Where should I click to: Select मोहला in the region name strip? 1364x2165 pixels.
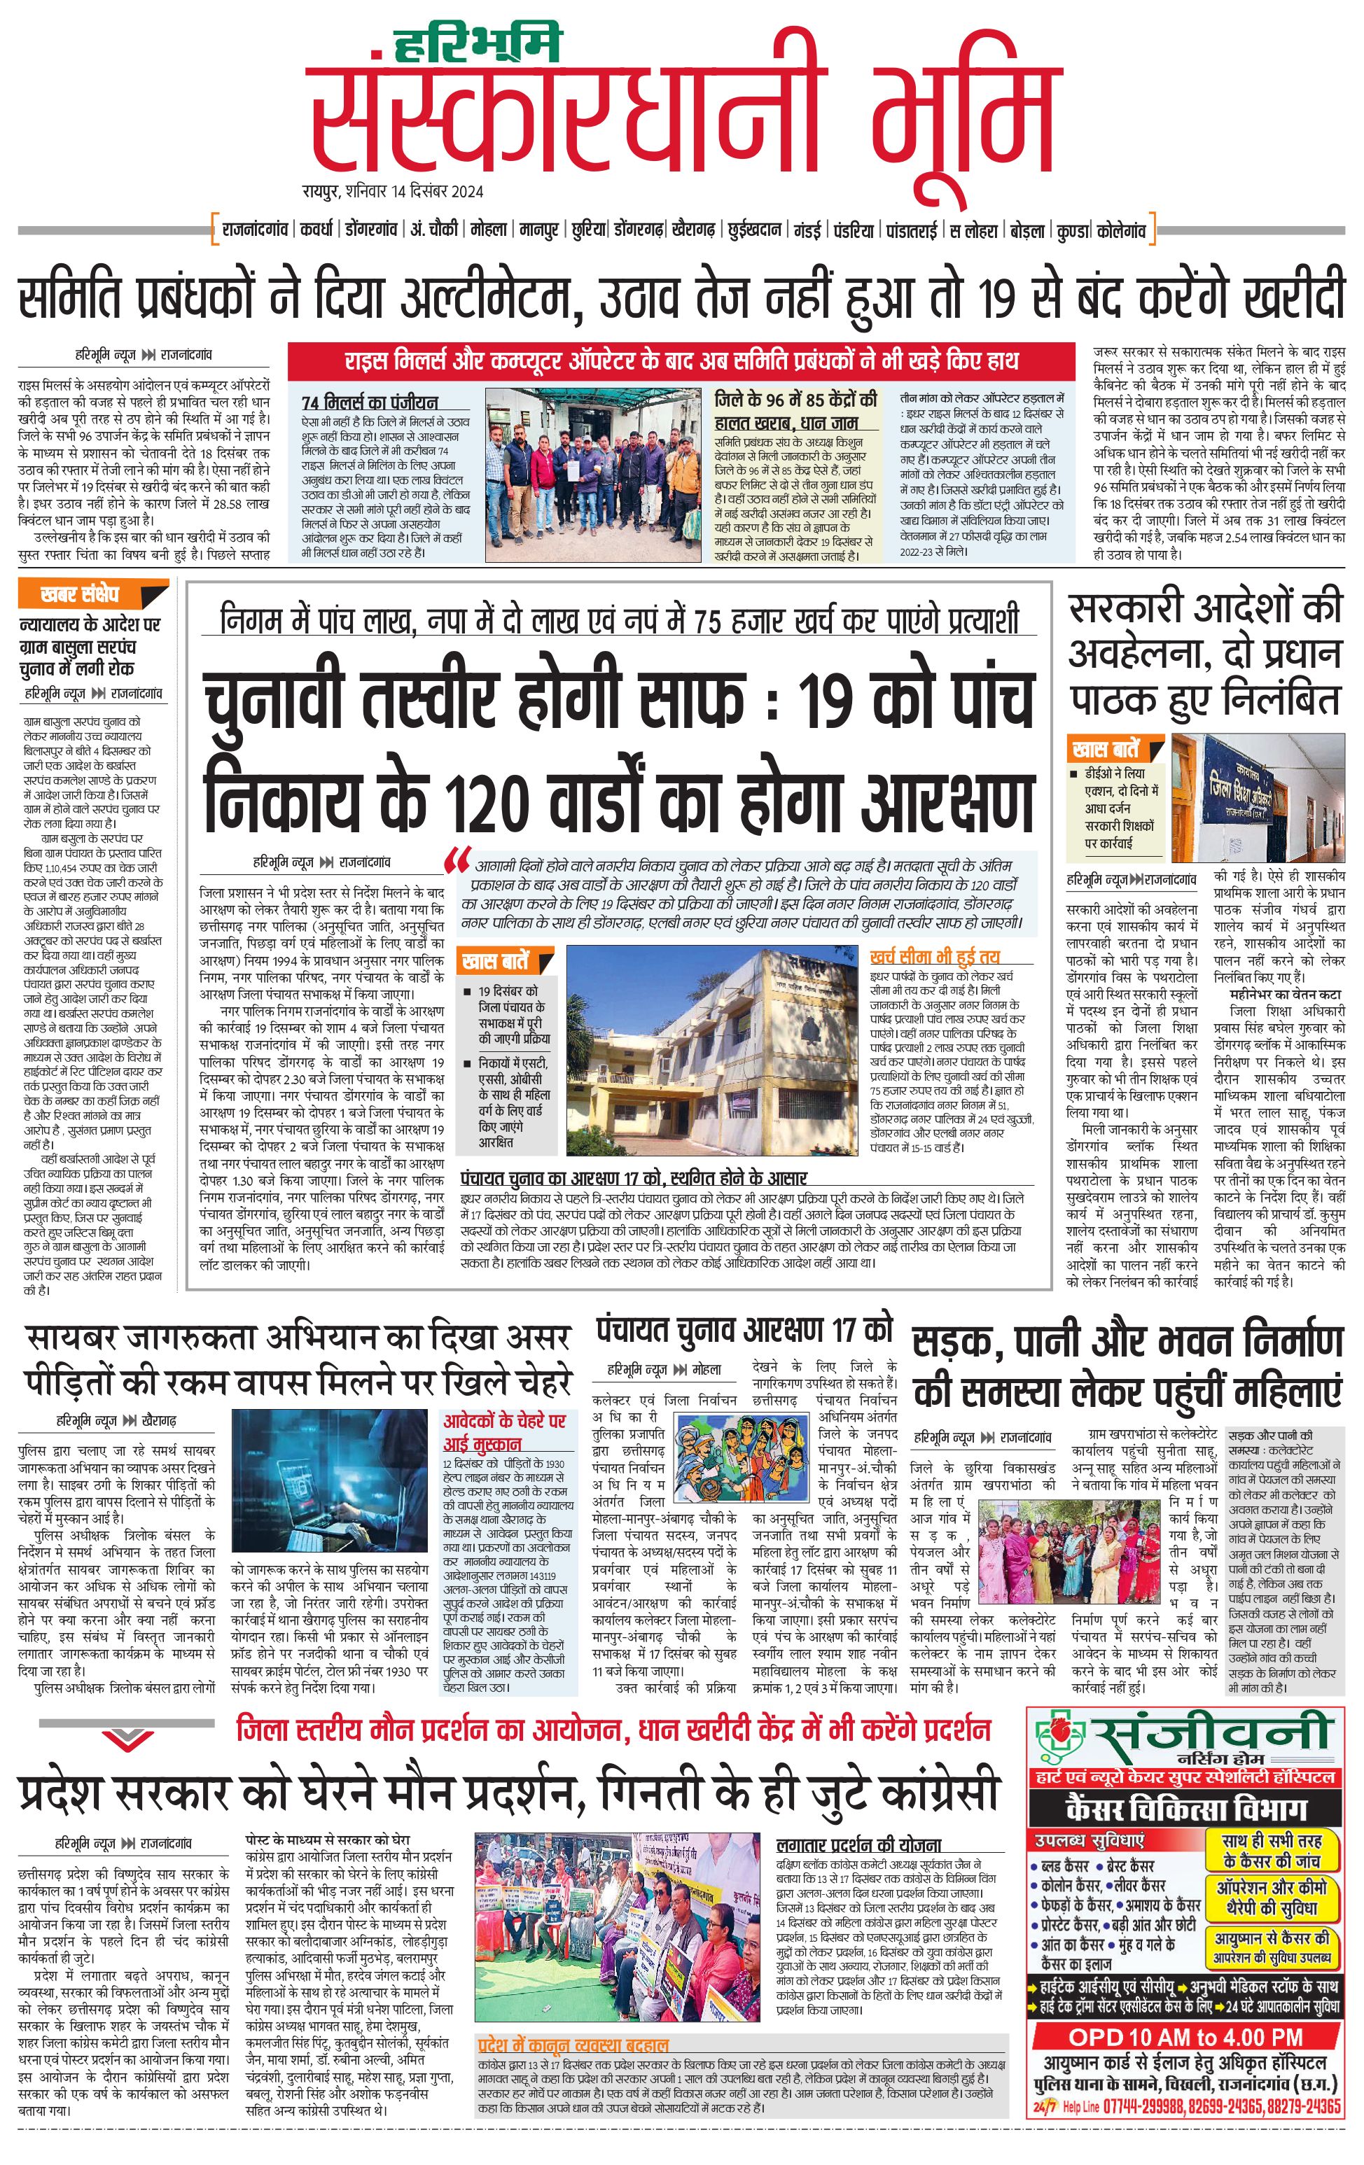487,230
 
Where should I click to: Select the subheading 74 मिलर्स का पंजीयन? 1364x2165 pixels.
370,402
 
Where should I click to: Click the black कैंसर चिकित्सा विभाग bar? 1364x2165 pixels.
1184,1809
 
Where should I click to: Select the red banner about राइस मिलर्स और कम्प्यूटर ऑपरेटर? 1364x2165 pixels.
681,361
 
